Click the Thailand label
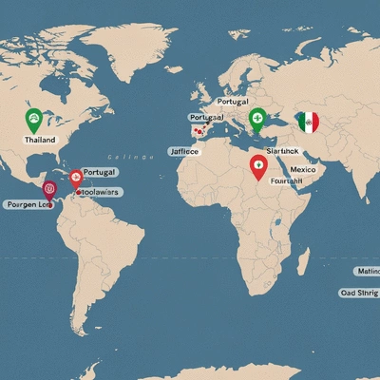point(41,139)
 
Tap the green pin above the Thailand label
point(33,120)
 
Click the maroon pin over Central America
point(50,187)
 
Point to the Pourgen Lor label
point(27,204)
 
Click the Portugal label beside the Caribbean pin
point(99,172)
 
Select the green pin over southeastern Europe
point(256,119)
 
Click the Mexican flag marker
point(307,122)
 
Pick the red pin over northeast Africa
point(256,166)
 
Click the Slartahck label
point(282,150)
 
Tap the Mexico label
point(303,170)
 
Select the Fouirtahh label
point(284,181)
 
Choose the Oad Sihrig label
point(359,294)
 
